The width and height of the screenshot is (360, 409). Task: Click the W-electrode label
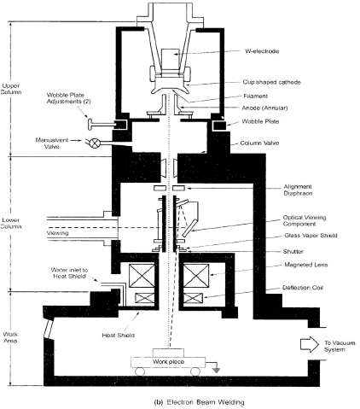(x=262, y=51)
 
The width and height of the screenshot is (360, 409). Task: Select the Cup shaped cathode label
(x=271, y=82)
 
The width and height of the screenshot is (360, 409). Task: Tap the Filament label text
(x=255, y=96)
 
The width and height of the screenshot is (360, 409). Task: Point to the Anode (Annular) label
(x=264, y=108)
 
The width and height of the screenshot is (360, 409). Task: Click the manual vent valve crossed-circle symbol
(x=95, y=143)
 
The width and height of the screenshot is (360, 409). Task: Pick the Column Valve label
(x=259, y=143)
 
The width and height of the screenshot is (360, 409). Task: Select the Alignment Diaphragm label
(x=298, y=190)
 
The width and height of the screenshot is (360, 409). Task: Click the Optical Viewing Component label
(x=305, y=220)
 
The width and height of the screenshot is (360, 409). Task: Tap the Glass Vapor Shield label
(x=311, y=236)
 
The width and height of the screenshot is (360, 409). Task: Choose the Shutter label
(x=293, y=252)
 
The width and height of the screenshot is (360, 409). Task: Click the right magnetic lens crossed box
(x=196, y=276)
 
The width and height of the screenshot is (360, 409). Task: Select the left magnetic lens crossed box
(x=142, y=276)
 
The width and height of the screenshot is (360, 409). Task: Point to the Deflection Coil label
(x=303, y=288)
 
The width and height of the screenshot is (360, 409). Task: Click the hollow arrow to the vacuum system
(x=310, y=344)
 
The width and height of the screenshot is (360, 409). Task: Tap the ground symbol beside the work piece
(x=217, y=370)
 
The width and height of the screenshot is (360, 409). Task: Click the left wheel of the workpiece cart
(x=140, y=371)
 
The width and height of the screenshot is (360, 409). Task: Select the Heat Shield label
(x=118, y=336)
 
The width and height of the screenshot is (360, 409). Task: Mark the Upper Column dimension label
(x=11, y=89)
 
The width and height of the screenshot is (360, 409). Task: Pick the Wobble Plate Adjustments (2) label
(x=68, y=98)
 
